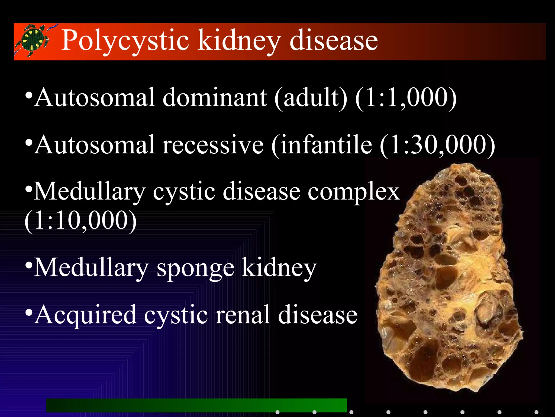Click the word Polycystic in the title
tap(125, 41)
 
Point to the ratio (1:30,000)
tap(437, 145)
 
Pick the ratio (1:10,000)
tap(80, 220)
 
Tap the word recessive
tap(213, 145)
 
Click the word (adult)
tap(311, 98)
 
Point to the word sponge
tap(195, 269)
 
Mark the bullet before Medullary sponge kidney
tap(29, 264)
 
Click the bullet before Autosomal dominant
tap(29, 95)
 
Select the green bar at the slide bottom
tap(196, 405)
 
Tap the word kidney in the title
tap(239, 41)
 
